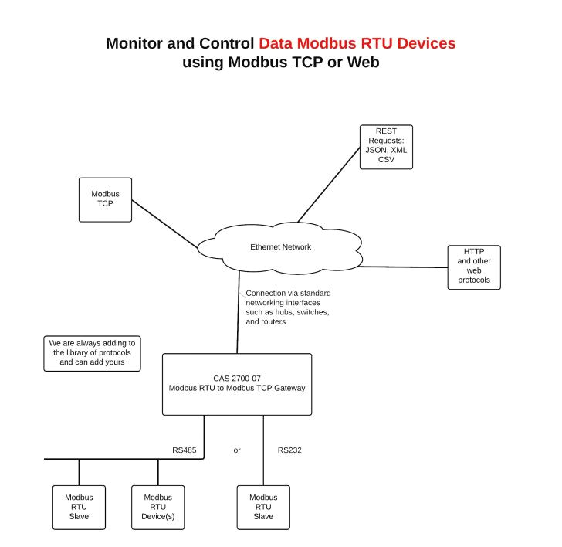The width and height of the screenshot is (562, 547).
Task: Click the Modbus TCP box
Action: [x=105, y=200]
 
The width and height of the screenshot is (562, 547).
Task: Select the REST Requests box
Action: [x=386, y=147]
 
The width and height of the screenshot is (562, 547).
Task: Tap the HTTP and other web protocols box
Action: [x=474, y=267]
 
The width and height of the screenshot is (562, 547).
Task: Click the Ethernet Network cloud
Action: [x=280, y=247]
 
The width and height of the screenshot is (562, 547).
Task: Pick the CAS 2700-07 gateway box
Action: [x=237, y=384]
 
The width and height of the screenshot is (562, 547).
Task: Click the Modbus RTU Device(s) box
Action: [x=158, y=507]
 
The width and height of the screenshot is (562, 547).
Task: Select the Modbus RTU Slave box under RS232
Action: [x=263, y=507]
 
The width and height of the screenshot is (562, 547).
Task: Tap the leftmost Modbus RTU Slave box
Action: [x=79, y=507]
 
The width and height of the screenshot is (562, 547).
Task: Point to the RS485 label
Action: [x=184, y=449]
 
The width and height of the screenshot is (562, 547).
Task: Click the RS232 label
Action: [x=289, y=449]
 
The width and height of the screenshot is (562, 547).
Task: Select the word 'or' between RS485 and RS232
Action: [x=237, y=449]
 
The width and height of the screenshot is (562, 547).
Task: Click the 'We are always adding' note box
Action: [x=92, y=353]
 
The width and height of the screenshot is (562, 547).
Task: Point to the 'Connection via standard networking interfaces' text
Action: [x=288, y=307]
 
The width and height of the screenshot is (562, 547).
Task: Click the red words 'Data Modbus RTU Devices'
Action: [x=357, y=43]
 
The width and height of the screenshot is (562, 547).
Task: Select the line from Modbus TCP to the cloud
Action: [x=164, y=224]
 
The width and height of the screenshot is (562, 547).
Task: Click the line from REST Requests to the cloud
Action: [x=329, y=183]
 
